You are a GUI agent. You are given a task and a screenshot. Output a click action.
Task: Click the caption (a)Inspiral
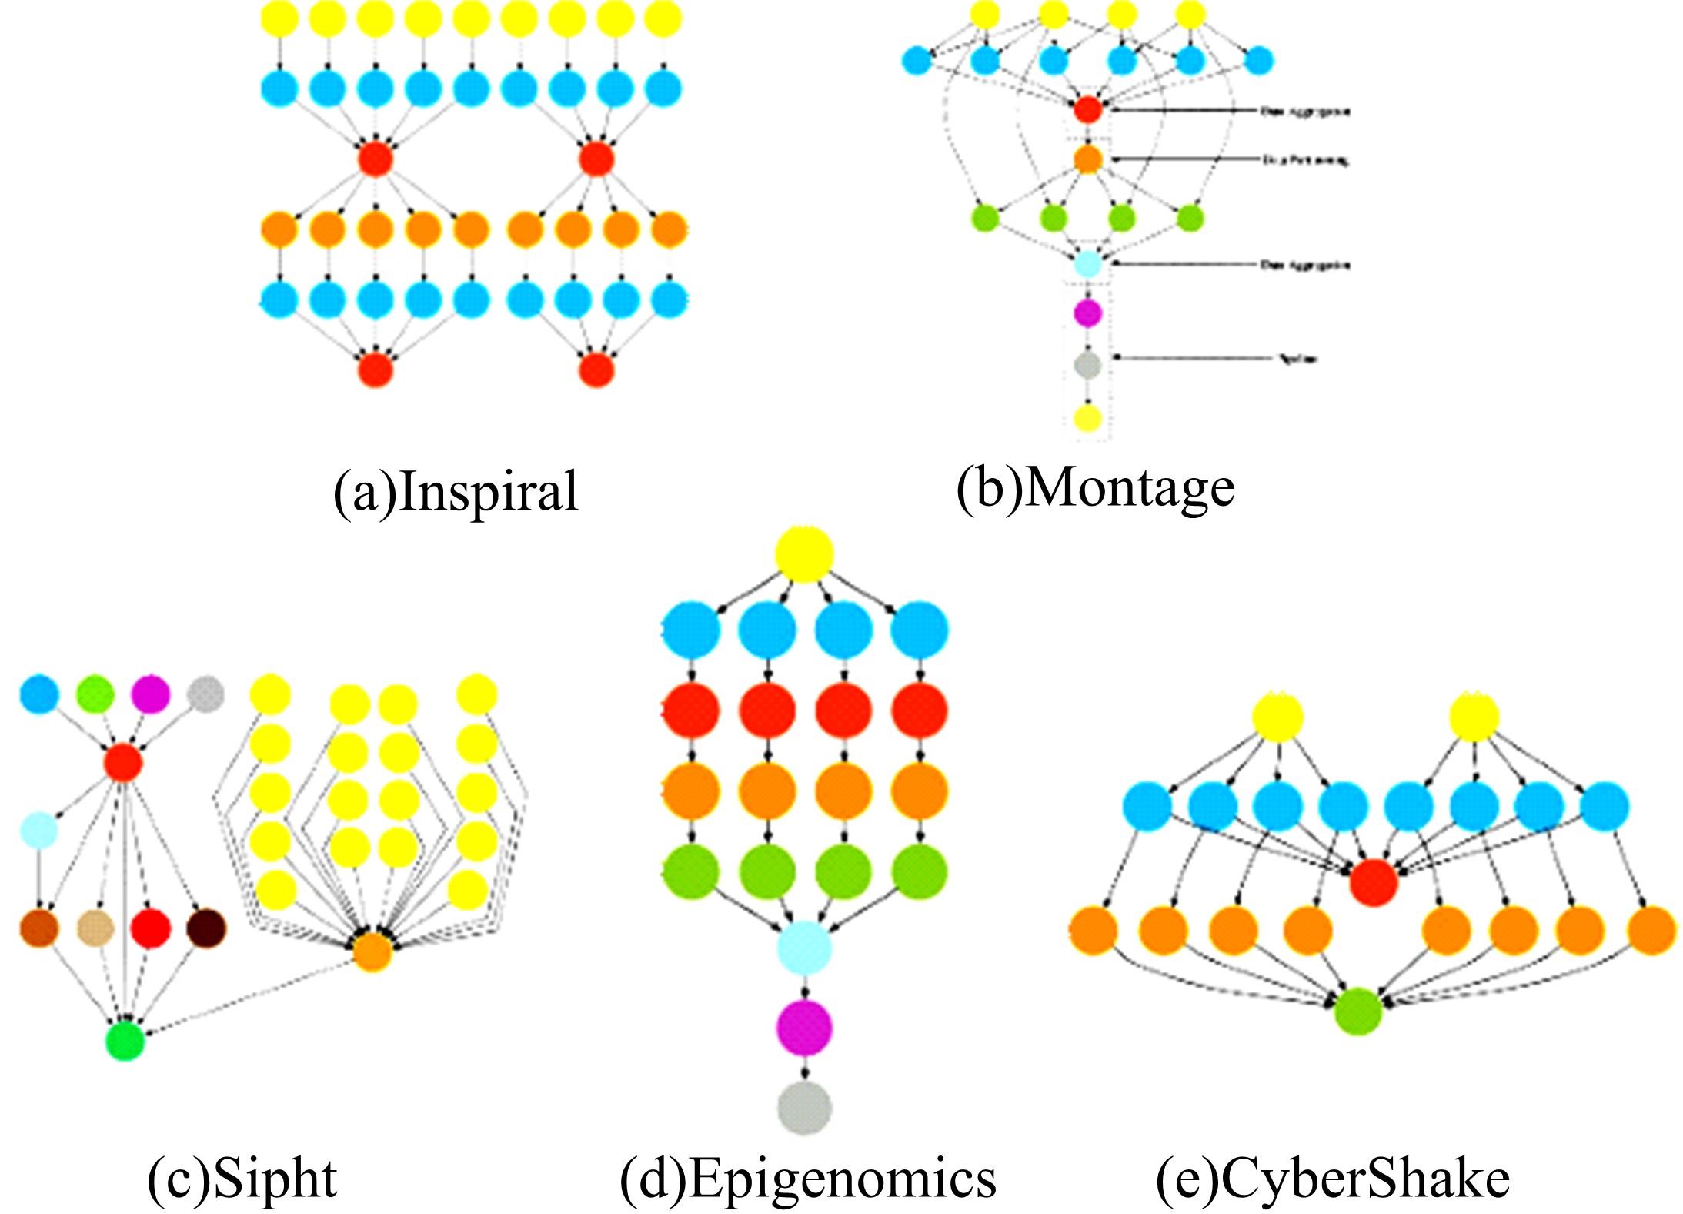(455, 490)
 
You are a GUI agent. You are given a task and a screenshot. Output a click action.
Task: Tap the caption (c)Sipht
(242, 1178)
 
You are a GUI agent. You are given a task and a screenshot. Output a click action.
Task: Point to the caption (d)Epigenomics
(807, 1178)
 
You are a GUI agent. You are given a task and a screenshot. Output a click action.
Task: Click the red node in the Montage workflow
(1087, 109)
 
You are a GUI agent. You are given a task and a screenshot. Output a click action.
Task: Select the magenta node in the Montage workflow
(1087, 312)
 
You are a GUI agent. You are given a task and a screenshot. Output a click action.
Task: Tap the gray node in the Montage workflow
(1087, 363)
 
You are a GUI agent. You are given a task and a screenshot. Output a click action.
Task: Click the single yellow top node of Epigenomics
(804, 553)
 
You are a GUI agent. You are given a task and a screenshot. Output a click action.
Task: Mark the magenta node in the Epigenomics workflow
(804, 1027)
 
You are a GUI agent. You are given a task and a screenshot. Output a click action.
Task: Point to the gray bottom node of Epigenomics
(804, 1108)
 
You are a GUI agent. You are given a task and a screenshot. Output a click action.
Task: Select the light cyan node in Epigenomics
(804, 948)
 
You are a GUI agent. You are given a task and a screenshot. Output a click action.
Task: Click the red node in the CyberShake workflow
(1374, 881)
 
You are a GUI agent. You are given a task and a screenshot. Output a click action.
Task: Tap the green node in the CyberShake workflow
(1358, 1011)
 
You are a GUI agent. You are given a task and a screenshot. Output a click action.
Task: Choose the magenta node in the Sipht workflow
(149, 694)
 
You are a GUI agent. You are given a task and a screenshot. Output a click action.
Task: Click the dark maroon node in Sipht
(207, 928)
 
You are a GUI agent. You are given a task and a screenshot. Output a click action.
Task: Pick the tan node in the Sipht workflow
(96, 928)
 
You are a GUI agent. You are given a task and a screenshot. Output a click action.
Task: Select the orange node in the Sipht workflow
(372, 952)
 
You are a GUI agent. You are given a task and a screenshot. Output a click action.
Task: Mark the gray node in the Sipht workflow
(205, 694)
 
